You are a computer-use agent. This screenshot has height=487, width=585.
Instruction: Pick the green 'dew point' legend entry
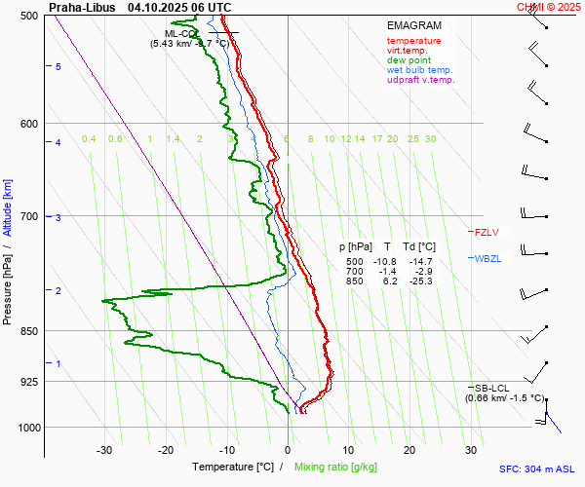point(409,60)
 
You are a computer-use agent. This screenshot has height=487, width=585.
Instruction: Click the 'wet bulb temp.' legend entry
point(419,70)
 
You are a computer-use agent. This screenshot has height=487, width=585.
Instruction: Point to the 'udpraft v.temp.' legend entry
point(420,80)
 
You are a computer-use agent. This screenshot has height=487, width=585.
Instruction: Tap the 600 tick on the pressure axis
point(28,124)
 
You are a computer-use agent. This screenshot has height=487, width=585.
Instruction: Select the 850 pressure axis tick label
point(28,331)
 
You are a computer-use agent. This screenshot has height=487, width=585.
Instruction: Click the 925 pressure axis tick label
point(28,382)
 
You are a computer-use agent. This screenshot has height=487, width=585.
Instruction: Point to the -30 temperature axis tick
point(104,450)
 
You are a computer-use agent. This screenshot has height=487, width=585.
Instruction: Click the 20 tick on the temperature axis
point(409,450)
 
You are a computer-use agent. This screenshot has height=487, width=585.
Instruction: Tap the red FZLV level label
point(487,233)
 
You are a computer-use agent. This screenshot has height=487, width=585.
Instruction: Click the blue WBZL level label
point(487,259)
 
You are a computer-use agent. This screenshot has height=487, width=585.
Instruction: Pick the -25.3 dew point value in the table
point(421,281)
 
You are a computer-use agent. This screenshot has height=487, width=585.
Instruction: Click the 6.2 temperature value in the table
point(390,281)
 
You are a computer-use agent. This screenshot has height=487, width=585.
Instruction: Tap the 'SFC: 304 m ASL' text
point(536,468)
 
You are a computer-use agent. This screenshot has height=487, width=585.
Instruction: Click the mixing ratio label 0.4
point(89,139)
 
